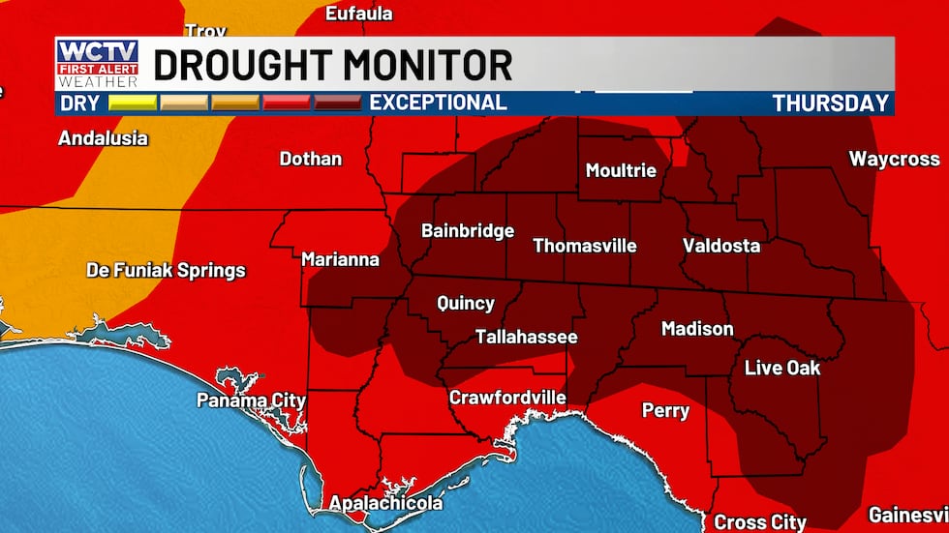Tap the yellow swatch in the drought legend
133,103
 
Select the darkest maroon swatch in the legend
338,103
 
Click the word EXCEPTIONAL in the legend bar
438,103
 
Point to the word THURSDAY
830,104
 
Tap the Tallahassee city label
526,337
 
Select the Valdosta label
721,245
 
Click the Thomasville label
585,245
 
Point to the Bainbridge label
468,230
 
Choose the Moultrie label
621,170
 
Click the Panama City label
251,400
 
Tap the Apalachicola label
385,503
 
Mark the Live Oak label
782,368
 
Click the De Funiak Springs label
166,270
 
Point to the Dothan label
311,158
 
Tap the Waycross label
894,159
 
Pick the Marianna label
340,259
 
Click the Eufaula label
359,13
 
